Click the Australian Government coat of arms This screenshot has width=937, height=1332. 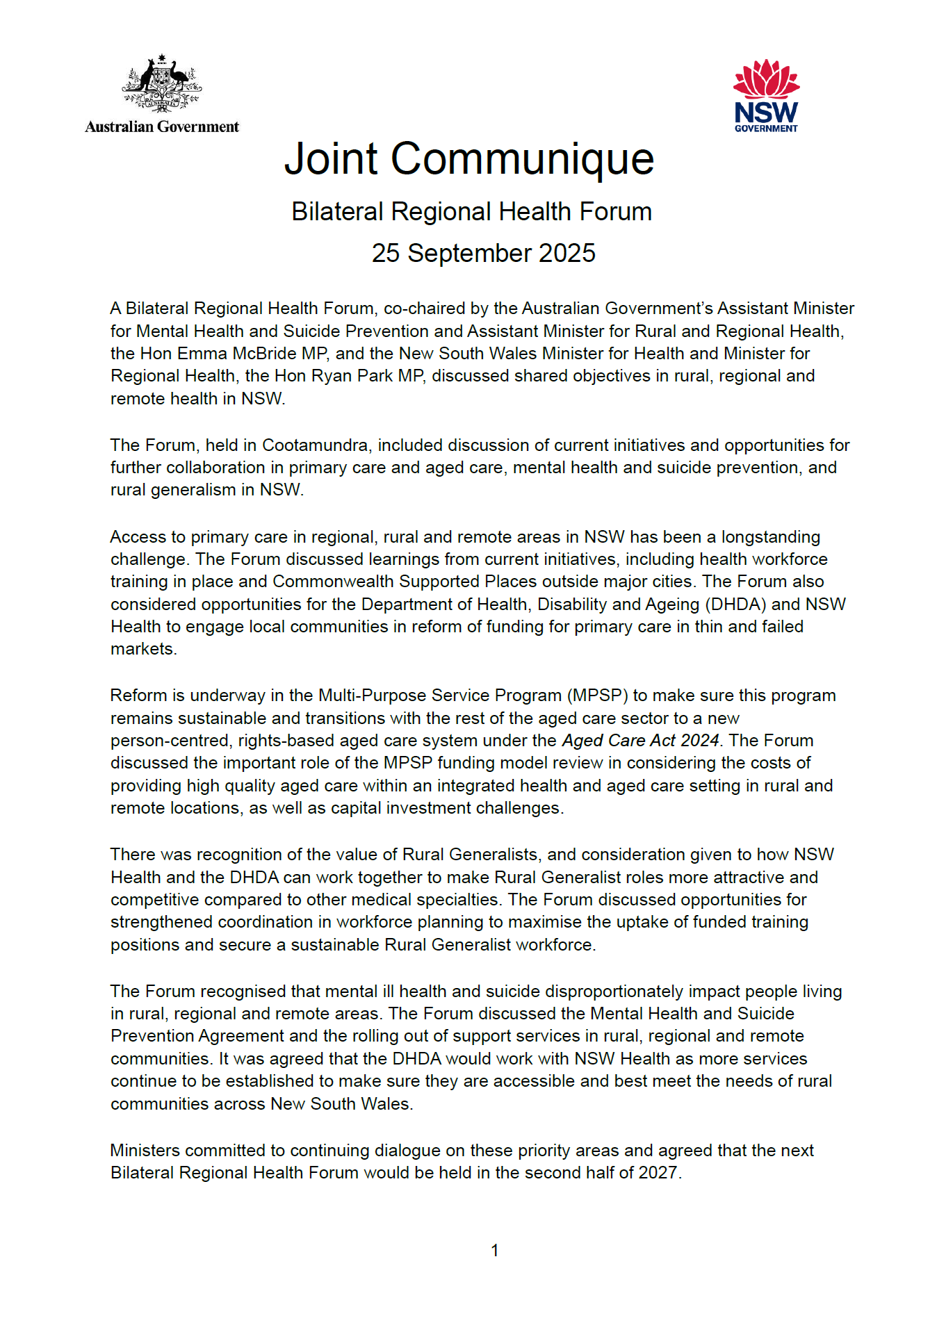pyautogui.click(x=162, y=83)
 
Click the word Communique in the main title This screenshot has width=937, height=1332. pyautogui.click(x=522, y=159)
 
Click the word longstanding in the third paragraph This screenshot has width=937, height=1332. pyautogui.click(x=770, y=537)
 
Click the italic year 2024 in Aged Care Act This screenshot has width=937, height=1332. pyautogui.click(x=699, y=741)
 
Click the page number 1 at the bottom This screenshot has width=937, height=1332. pyautogui.click(x=494, y=1251)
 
